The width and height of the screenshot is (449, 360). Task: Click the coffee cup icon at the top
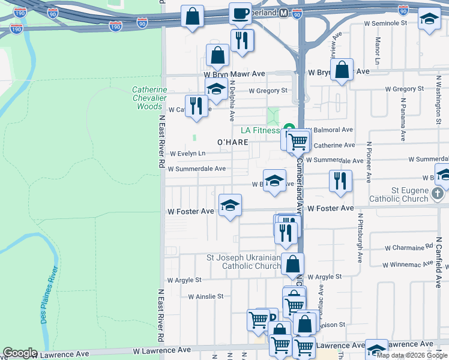coord(240,13)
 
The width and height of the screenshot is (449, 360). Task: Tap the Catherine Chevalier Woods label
coord(149,98)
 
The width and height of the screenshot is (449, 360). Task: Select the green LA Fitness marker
coord(289,128)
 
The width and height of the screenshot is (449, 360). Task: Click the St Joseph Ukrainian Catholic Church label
coord(243,262)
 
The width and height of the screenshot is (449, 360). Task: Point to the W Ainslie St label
coord(205,296)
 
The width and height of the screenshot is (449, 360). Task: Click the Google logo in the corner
coord(20,353)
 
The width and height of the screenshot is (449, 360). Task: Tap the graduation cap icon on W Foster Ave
coord(230,206)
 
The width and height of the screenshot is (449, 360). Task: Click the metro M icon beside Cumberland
coord(287,13)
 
